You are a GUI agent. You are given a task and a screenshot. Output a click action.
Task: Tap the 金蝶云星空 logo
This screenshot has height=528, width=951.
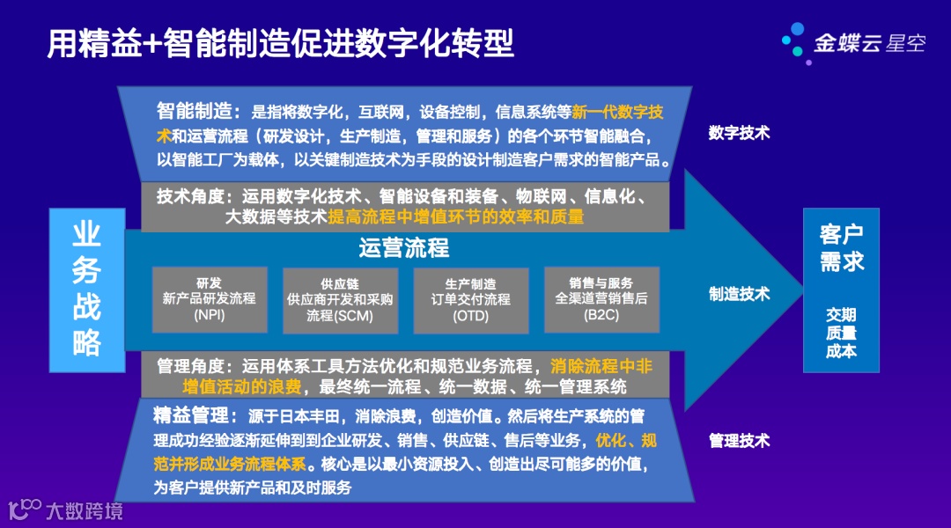(854, 42)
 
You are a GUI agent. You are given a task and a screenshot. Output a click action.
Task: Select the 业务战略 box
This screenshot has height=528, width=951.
(86, 290)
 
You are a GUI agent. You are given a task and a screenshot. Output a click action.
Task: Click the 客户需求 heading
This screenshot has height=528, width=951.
(841, 247)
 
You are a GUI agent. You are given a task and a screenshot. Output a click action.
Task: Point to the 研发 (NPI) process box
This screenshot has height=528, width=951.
(209, 299)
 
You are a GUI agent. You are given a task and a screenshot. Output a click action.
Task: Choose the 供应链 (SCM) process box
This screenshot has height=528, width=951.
(340, 300)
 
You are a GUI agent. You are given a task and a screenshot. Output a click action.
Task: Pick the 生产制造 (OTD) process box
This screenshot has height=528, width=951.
(471, 299)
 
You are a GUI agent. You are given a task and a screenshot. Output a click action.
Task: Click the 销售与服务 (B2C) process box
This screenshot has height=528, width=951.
(601, 299)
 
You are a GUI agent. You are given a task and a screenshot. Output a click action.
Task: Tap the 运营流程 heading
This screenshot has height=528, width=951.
(403, 248)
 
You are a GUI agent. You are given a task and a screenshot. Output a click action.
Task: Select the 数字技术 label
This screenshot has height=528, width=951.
(739, 133)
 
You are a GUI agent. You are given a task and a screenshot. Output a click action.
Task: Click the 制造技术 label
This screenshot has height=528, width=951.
(739, 294)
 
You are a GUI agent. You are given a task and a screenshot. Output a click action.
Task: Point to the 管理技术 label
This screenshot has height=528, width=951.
(739, 440)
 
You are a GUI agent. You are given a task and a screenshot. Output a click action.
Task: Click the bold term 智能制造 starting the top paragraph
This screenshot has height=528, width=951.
(193, 112)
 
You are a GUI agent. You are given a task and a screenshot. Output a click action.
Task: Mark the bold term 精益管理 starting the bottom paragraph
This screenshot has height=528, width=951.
(188, 414)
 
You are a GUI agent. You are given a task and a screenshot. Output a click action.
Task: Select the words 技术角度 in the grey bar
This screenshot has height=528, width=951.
(187, 195)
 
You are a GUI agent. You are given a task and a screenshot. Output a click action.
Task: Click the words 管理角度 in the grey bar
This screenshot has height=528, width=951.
(187, 366)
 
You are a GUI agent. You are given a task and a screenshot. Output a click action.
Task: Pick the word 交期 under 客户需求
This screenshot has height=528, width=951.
(841, 314)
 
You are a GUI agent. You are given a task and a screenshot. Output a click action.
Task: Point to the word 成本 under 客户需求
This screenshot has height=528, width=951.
(841, 351)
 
